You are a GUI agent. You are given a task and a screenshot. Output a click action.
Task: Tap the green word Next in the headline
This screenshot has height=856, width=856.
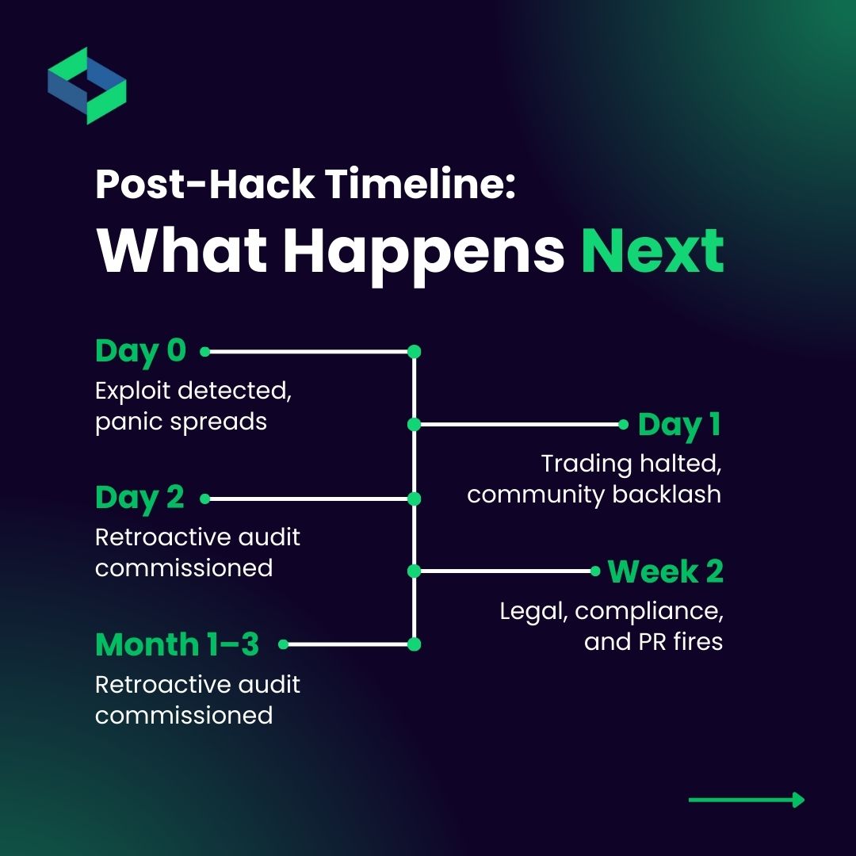(x=652, y=250)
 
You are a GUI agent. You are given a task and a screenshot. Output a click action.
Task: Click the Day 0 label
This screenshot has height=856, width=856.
(x=140, y=350)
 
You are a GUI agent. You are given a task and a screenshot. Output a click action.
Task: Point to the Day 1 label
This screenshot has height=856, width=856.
(x=679, y=424)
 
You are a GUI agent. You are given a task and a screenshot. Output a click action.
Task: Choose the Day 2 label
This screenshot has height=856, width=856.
(x=139, y=498)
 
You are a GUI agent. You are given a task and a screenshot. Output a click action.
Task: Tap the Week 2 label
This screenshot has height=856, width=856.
(x=666, y=571)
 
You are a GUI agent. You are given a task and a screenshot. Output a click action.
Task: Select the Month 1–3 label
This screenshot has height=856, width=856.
(x=177, y=644)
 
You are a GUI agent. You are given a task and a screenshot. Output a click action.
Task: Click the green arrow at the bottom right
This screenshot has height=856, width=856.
(x=747, y=800)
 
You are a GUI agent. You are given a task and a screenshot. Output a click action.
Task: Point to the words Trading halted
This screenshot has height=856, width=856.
(x=631, y=463)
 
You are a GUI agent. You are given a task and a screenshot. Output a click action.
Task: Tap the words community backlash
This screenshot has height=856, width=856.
(x=594, y=494)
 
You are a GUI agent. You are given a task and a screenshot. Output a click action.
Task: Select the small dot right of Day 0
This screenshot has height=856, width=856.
(x=204, y=350)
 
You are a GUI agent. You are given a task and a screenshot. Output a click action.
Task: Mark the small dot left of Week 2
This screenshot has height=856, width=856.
(x=595, y=571)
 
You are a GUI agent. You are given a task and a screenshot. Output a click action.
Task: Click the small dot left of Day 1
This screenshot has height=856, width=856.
(x=623, y=424)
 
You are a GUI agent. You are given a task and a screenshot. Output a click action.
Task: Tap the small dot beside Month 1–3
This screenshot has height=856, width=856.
(x=283, y=644)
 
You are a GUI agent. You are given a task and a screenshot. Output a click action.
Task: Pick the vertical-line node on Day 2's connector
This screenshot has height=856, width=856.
(x=414, y=499)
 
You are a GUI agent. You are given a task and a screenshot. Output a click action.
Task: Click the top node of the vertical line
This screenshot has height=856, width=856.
(x=414, y=351)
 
